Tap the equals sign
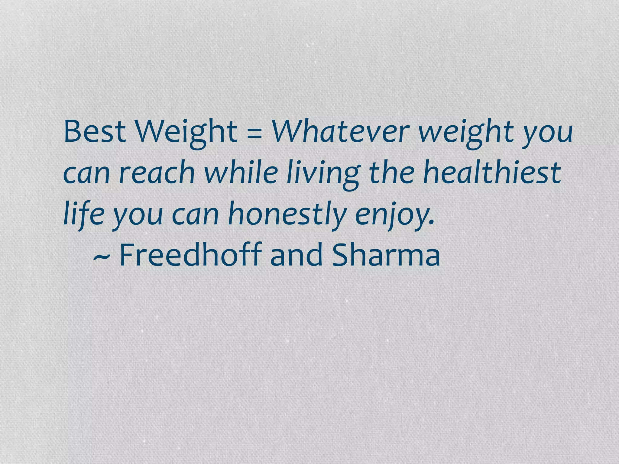[254, 133]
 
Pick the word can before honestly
[195, 215]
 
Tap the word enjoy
[393, 215]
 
